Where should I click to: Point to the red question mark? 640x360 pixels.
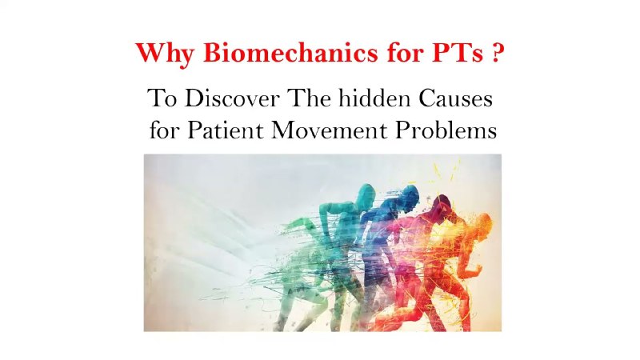(x=497, y=53)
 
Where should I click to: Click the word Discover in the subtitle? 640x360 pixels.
(x=232, y=98)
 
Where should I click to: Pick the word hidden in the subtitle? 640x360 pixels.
(x=374, y=98)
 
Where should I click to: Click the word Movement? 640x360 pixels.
(x=330, y=130)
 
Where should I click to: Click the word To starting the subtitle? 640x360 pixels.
(x=162, y=98)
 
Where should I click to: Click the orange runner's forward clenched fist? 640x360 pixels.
(x=476, y=270)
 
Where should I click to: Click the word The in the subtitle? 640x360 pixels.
(x=310, y=98)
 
